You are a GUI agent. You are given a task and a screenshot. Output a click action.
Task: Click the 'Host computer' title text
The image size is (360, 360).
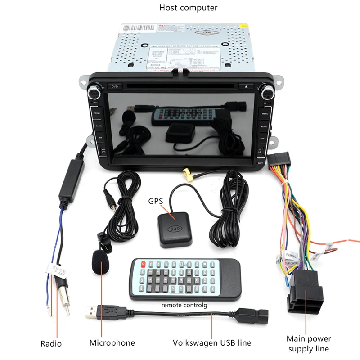188,8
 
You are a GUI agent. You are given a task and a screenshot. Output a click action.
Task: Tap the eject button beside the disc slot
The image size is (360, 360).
247,85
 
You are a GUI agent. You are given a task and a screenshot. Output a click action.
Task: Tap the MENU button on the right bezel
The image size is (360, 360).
265,114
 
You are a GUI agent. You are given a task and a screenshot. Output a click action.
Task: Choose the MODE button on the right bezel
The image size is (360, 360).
265,127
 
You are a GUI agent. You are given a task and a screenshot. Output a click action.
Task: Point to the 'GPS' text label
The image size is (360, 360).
156,201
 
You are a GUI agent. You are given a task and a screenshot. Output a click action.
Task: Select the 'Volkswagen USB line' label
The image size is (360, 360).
212,343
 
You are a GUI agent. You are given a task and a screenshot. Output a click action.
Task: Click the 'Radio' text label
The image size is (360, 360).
51,344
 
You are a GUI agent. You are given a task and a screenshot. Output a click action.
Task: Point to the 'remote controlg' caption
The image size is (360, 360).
184,305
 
